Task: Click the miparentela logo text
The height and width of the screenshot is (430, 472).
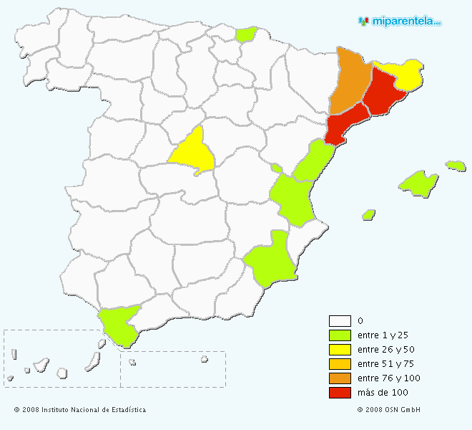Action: (x=405, y=21)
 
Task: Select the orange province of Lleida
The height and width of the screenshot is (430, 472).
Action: (x=350, y=79)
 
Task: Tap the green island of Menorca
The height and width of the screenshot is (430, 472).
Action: (x=456, y=166)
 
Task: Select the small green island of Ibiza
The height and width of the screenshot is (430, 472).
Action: (x=369, y=214)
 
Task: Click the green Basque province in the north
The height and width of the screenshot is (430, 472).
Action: (x=247, y=34)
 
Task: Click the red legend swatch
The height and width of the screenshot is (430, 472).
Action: (x=340, y=393)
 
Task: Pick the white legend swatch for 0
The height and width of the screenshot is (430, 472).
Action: (x=340, y=321)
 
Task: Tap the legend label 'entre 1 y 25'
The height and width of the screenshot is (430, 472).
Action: (x=383, y=335)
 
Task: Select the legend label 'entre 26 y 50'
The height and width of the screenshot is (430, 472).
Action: (x=385, y=350)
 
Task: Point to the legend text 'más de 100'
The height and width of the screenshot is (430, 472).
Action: (x=382, y=393)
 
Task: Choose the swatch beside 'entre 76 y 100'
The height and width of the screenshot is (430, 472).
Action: (x=340, y=378)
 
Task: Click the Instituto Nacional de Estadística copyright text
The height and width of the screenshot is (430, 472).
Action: (x=79, y=410)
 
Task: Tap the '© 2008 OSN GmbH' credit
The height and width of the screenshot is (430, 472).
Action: (x=388, y=410)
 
